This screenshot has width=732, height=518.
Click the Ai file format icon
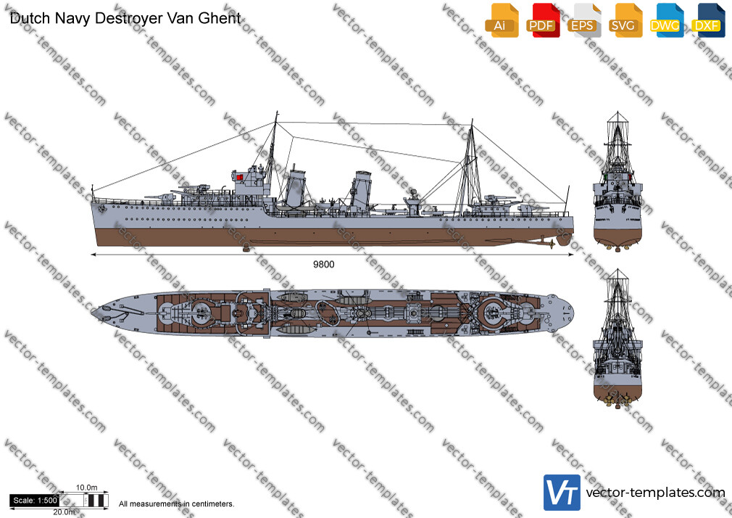pos(502,20)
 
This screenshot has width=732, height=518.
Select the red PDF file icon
pos(543,20)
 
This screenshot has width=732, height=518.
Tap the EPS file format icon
pos(584,20)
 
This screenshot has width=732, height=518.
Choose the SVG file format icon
pos(625,20)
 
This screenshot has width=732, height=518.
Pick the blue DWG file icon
pos(667,20)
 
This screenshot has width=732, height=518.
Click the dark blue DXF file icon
pos(708,20)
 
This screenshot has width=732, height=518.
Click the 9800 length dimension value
pos(323,264)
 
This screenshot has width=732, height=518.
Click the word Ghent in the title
pos(220,18)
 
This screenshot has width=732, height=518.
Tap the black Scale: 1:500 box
pos(35,501)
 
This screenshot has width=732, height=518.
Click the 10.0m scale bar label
pos(87,488)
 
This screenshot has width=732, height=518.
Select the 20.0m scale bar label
pos(64,512)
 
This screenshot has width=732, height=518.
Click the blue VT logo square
pos(562,493)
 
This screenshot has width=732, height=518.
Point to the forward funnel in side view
pos(296,188)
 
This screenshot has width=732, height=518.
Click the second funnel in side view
pos(361,190)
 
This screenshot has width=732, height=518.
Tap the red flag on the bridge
pos(239,177)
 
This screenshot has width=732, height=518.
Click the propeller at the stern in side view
pos(552,244)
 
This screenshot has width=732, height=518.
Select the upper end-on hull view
pos(617,181)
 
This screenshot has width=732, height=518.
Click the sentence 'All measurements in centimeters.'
pos(176,504)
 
